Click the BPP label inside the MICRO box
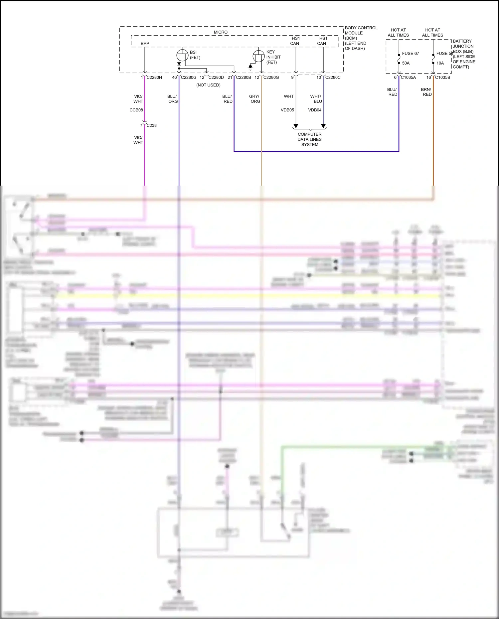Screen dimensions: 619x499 point(145,44)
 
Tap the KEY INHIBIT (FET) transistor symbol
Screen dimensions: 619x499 point(258,56)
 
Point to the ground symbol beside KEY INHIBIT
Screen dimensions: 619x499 point(250,68)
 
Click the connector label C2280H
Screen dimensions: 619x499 point(154,77)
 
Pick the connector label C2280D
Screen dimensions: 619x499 point(216,77)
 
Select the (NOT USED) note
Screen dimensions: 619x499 point(208,85)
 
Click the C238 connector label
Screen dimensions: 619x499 point(151,125)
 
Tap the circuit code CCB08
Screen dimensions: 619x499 point(136,110)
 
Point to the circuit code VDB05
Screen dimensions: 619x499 point(287,110)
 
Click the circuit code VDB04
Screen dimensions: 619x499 point(315,110)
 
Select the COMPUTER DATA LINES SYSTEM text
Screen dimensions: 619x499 point(309,139)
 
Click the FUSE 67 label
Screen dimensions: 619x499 point(410,54)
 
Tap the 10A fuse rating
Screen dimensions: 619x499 point(440,63)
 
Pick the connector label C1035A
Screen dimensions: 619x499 point(408,77)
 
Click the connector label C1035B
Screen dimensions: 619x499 point(442,77)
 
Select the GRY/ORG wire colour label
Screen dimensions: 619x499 point(255,99)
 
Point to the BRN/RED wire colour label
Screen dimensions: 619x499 point(426,92)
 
